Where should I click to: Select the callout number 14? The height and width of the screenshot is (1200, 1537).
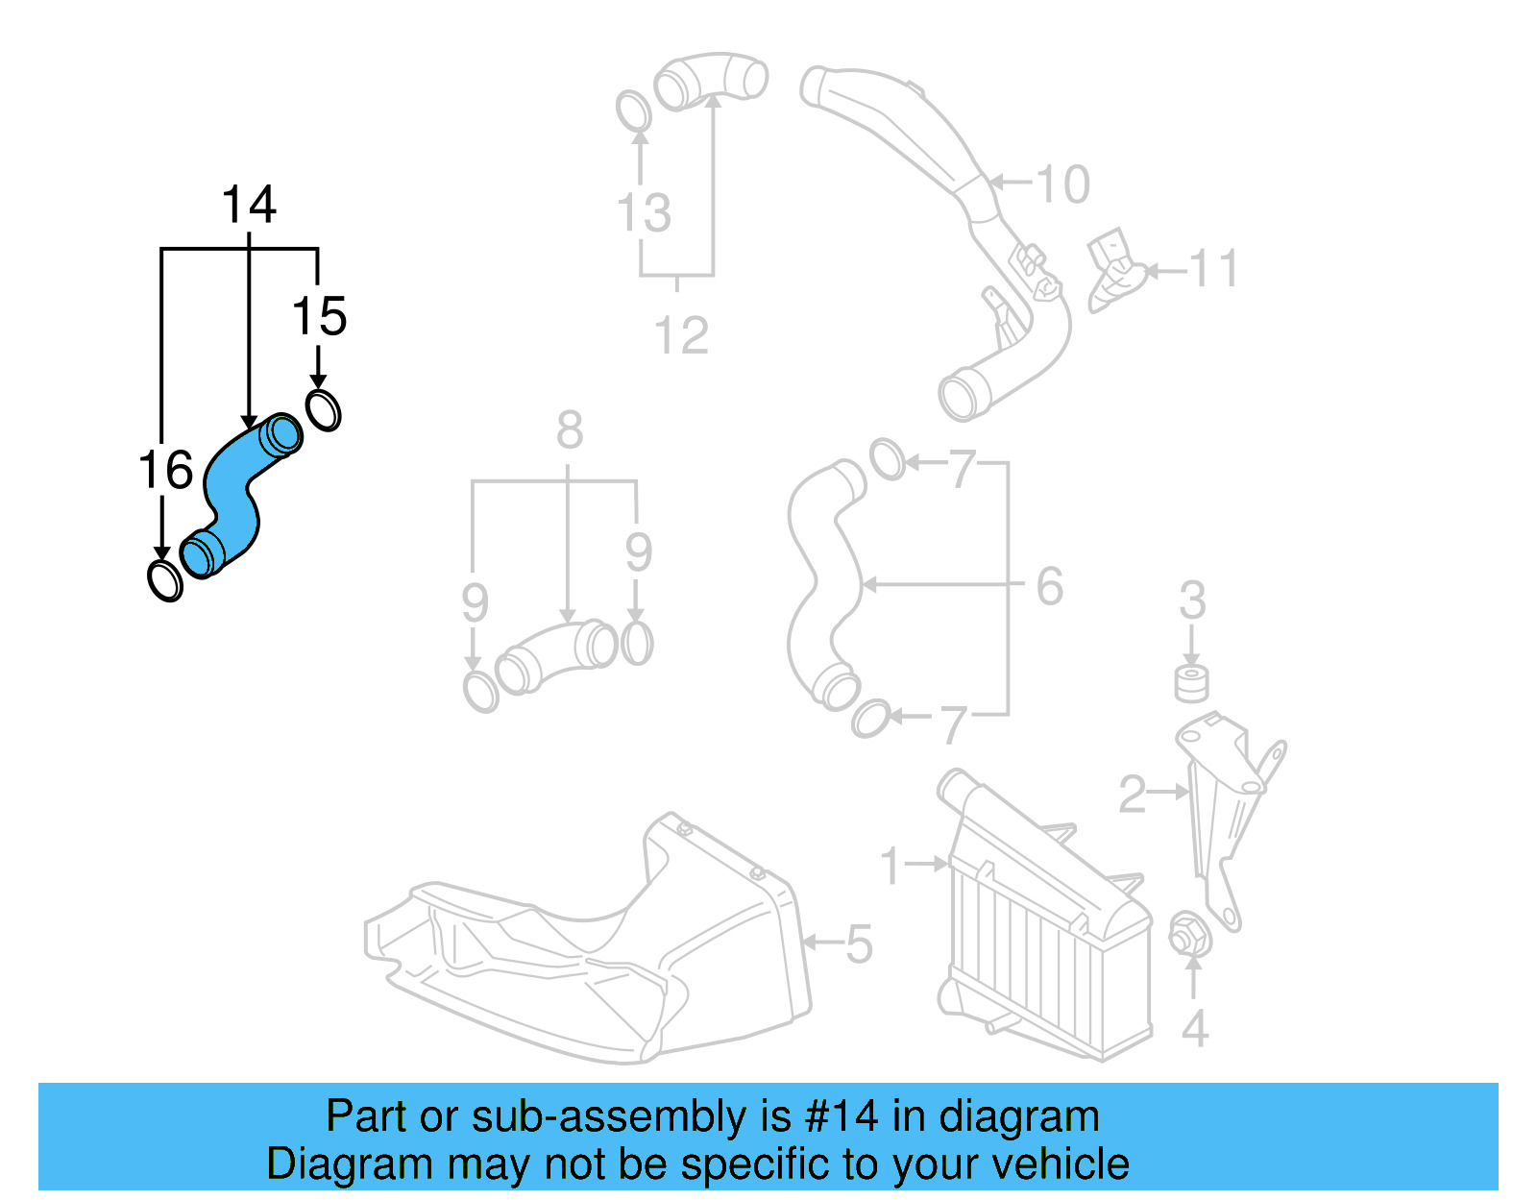249,205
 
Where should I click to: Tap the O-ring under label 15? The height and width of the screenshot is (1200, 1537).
324,410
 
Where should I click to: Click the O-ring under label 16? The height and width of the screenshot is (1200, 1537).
165,579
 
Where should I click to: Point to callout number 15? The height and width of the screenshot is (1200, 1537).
319,316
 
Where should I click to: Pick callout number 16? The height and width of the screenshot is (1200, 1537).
165,470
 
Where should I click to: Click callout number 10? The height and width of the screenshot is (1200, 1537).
1062,184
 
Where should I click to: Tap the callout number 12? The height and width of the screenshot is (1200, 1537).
681,335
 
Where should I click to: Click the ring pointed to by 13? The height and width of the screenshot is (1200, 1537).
633,111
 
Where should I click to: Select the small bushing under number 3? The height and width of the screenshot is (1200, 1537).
1192,682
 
